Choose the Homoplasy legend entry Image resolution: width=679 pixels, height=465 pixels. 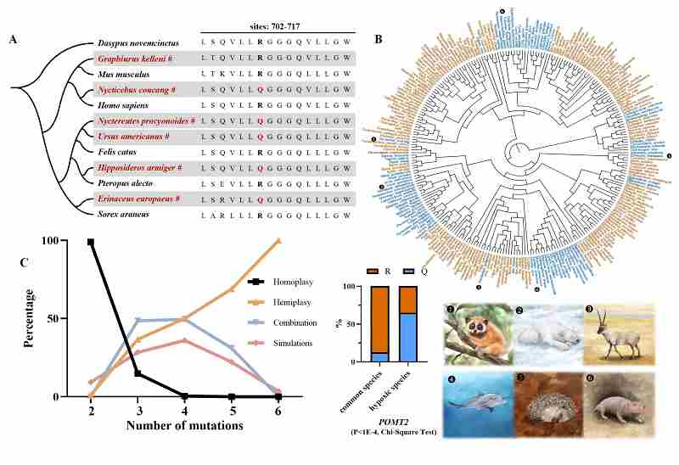[x=296, y=281]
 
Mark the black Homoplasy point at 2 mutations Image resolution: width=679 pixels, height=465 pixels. [x=91, y=242]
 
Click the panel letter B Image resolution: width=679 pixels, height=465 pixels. [x=378, y=40]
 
